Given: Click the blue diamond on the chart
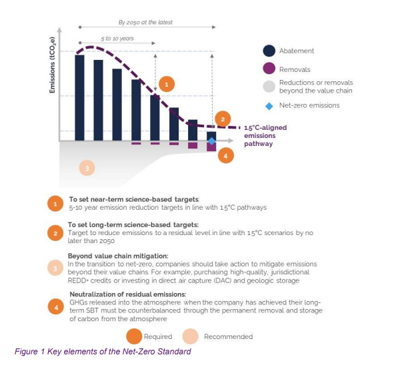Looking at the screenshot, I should (x=211, y=141).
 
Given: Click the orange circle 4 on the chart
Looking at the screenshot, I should (x=226, y=157).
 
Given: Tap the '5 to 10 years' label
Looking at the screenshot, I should (x=118, y=39).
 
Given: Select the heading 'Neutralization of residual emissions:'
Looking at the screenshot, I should (x=127, y=294).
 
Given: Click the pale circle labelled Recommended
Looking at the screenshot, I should (x=191, y=336).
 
